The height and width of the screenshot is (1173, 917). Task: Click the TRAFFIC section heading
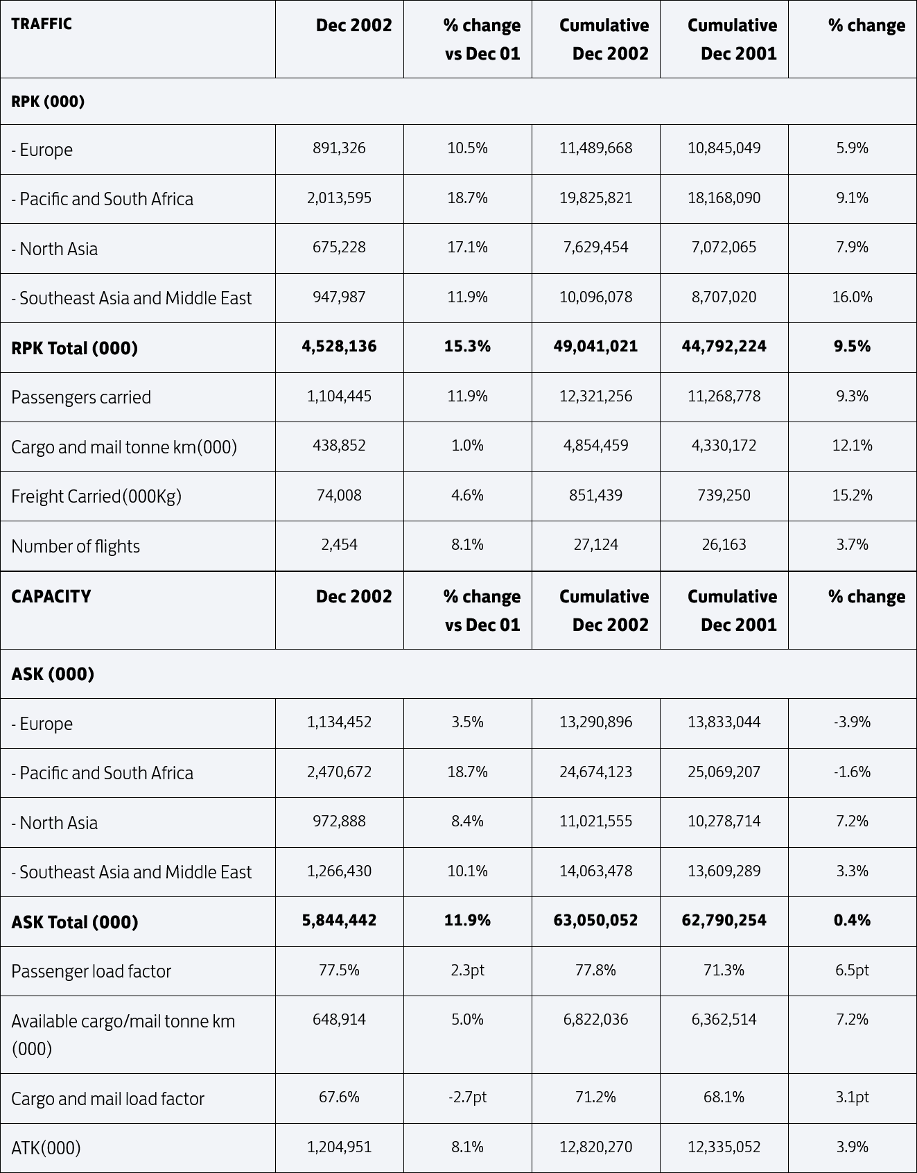tap(42, 24)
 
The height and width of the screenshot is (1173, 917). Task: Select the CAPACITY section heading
tap(51, 596)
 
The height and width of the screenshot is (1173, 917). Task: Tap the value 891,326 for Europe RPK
tap(339, 148)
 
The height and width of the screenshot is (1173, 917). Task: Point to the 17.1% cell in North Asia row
tap(467, 247)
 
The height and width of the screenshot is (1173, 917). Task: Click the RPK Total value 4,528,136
tap(339, 347)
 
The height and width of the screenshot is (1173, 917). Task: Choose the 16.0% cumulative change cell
tap(852, 297)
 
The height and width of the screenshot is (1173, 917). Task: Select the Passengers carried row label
tap(81, 397)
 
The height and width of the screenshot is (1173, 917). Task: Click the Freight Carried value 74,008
tap(339, 496)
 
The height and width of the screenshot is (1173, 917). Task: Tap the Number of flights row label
tap(76, 546)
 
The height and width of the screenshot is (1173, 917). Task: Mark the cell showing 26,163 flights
tap(724, 545)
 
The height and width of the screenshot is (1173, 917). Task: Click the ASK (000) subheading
tap(53, 674)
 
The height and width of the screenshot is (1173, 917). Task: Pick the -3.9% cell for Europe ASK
tap(852, 722)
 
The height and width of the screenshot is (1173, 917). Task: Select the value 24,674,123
tap(595, 772)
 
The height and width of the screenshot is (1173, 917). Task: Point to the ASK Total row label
tap(75, 922)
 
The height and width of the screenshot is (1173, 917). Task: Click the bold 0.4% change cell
tap(852, 921)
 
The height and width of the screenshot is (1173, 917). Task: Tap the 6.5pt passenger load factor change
tap(852, 971)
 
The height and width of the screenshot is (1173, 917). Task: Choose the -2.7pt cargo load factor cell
tap(467, 1097)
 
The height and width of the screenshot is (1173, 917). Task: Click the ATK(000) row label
tap(46, 1148)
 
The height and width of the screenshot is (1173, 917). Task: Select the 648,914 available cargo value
tap(339, 1020)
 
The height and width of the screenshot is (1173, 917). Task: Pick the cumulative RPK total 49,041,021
tap(595, 347)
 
